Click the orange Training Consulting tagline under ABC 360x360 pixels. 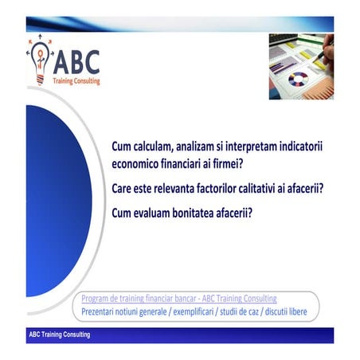click(x=76, y=80)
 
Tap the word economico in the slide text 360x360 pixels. click(x=139, y=164)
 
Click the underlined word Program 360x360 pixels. click(x=96, y=298)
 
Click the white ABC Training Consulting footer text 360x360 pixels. click(x=59, y=335)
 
